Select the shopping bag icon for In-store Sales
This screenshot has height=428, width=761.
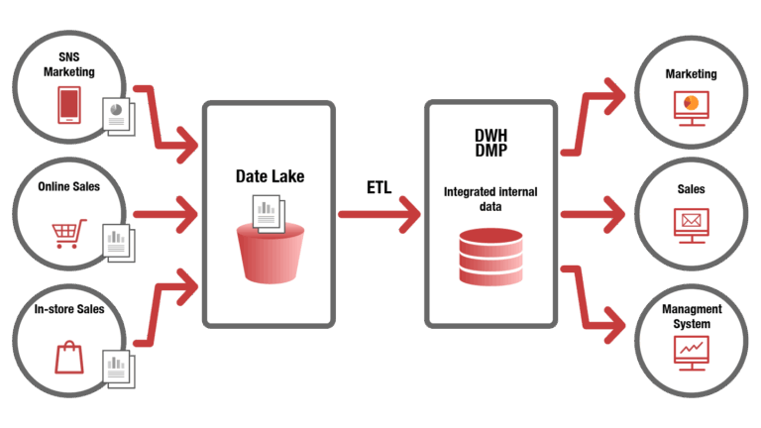pos(69,356)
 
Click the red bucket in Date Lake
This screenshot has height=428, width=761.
pos(268,253)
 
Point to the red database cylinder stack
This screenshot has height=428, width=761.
pos(489,255)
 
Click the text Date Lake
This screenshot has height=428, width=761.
pos(270,176)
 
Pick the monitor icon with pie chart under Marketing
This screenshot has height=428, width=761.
pos(691,106)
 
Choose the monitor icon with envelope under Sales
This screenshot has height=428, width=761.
pos(691,224)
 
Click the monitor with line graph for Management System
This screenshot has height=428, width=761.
pos(691,351)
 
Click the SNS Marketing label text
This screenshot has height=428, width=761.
pos(69,64)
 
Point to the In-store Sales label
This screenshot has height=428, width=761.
pos(69,310)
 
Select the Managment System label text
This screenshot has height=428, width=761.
pos(692,316)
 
